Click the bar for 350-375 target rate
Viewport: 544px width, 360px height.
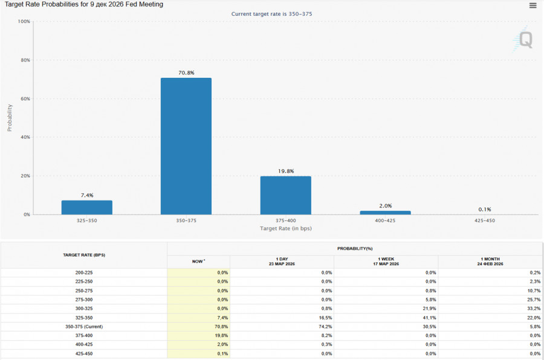click(186, 146)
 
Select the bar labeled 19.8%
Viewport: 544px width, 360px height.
click(285, 195)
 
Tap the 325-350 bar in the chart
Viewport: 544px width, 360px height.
click(87, 207)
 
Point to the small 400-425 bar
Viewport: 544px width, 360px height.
click(385, 213)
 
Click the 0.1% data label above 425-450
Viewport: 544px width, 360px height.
click(485, 210)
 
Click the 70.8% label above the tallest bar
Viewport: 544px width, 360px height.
click(186, 73)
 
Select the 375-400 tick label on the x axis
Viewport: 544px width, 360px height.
click(285, 220)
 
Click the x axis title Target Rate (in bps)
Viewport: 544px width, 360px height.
click(286, 228)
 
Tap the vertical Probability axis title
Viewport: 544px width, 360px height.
click(10, 117)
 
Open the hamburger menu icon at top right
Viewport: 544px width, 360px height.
click(533, 5)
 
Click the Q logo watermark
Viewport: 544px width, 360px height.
click(525, 40)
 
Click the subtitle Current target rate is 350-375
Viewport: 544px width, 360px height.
click(272, 13)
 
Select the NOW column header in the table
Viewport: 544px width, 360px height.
click(198, 262)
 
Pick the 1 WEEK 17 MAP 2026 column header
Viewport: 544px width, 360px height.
click(386, 262)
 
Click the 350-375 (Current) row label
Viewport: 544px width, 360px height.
click(84, 327)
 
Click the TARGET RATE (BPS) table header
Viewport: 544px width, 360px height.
click(84, 255)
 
